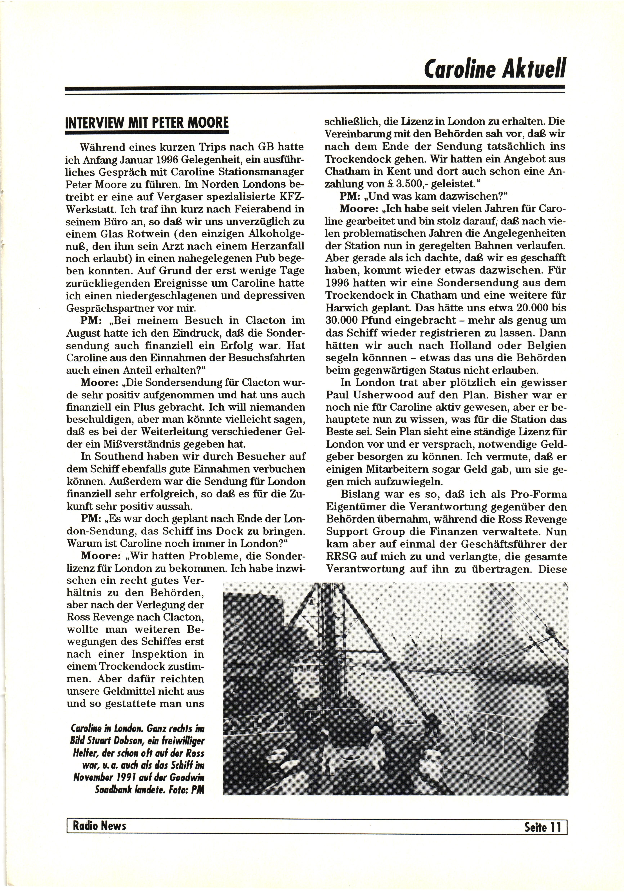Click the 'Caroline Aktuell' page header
click(x=494, y=68)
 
